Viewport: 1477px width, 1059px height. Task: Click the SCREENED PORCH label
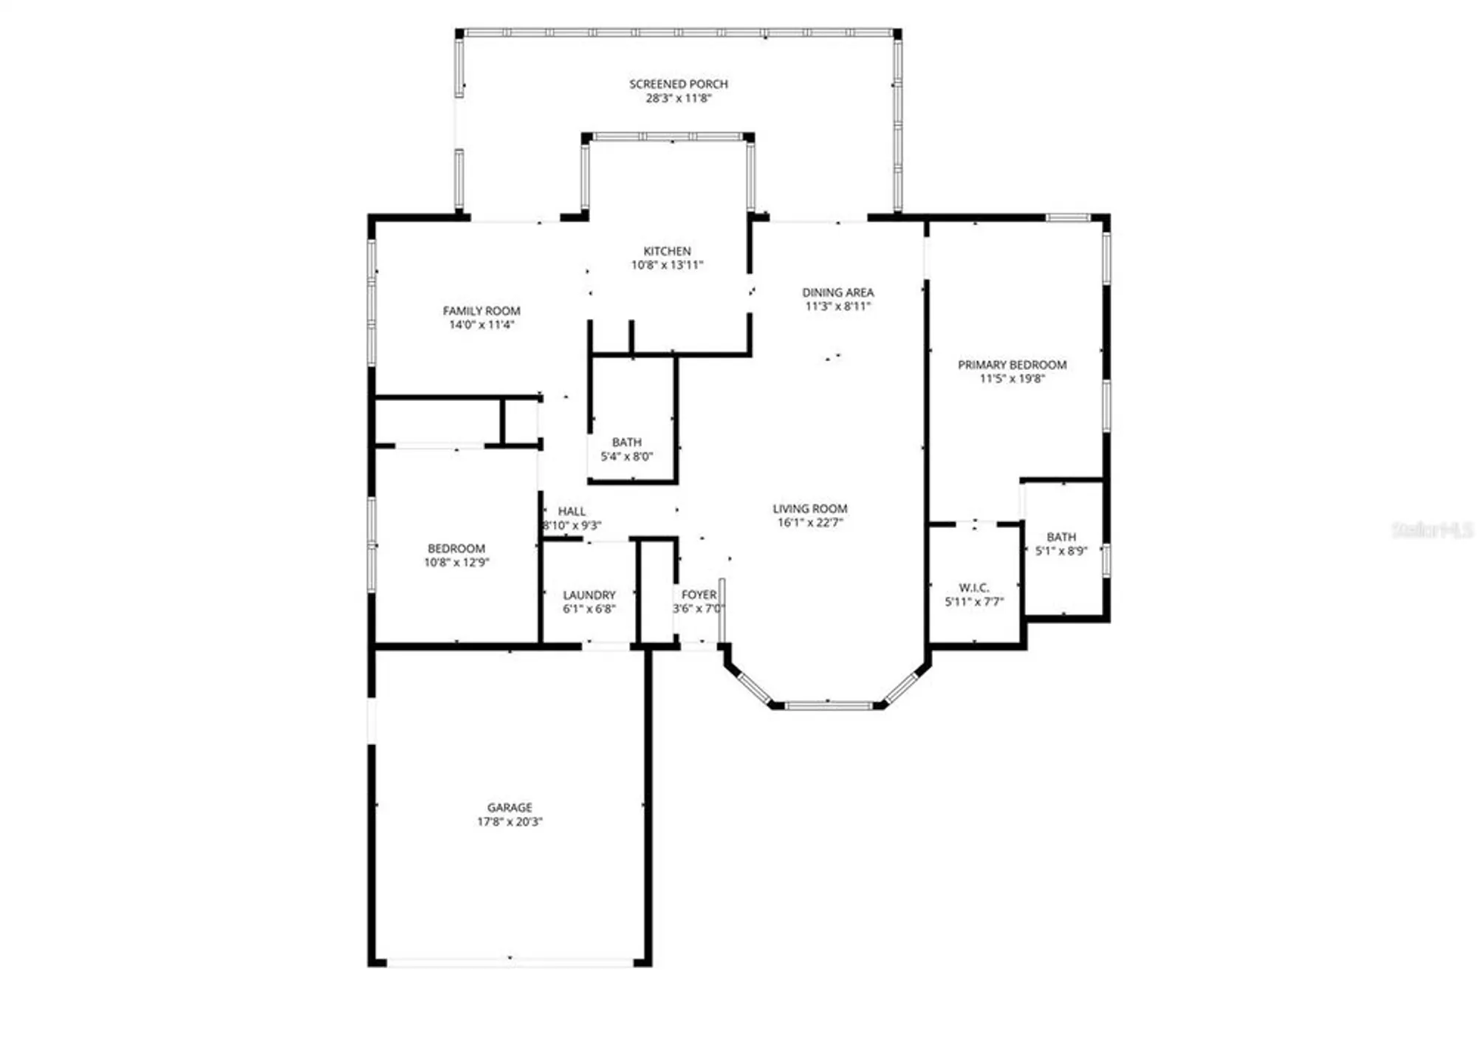(x=678, y=84)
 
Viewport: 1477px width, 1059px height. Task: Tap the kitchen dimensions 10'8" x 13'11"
(x=667, y=265)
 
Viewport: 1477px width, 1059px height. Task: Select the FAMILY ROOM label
(x=482, y=311)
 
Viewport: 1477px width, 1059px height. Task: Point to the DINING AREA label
(x=837, y=292)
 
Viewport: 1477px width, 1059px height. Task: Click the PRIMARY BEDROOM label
(x=1012, y=365)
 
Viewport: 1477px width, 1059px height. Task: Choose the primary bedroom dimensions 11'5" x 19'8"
(x=1012, y=379)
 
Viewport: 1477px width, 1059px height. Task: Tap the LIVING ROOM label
(x=809, y=509)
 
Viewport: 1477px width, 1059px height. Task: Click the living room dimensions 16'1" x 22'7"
(x=809, y=523)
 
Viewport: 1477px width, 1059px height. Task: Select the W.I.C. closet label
(x=973, y=588)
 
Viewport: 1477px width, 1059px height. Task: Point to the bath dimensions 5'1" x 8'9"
(x=1060, y=551)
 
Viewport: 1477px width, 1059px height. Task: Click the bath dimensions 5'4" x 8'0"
(x=626, y=456)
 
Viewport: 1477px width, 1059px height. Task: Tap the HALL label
(x=572, y=511)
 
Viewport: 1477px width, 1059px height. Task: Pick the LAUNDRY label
(x=589, y=595)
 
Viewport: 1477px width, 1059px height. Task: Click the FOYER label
(x=699, y=594)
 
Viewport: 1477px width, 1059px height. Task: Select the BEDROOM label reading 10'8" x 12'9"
(x=456, y=549)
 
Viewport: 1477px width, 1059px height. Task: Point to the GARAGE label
(x=510, y=808)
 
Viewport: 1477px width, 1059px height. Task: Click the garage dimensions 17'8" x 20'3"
(x=510, y=822)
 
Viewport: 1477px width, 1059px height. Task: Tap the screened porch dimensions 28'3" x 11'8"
(x=678, y=98)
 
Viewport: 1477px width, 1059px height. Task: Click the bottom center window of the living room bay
(x=828, y=705)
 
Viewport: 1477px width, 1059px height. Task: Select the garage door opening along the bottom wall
(x=510, y=962)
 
